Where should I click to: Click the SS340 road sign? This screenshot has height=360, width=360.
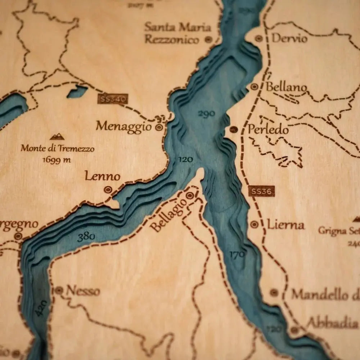[112, 99]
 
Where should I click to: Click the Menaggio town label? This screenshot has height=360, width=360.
[124, 127]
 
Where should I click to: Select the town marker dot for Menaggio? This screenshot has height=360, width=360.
[159, 127]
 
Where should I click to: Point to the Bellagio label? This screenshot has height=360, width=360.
[168, 215]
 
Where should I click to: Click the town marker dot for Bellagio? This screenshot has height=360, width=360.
[190, 195]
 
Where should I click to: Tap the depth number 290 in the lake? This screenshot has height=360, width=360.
[206, 114]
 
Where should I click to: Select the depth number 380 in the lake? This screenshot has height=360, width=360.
[86, 237]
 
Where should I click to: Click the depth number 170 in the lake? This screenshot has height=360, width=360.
[238, 255]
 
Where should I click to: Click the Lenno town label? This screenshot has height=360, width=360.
[102, 176]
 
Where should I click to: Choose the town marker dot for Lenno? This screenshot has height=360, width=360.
[108, 189]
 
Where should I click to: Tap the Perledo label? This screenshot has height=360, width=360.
[268, 130]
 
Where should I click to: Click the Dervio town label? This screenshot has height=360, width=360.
[289, 38]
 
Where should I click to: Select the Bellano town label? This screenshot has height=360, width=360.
[286, 87]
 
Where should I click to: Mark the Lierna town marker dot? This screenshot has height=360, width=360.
[254, 224]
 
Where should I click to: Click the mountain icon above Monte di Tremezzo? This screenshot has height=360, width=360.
[57, 136]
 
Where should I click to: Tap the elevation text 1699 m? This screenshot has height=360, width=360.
[57, 160]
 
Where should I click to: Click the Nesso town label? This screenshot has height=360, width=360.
[82, 291]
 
